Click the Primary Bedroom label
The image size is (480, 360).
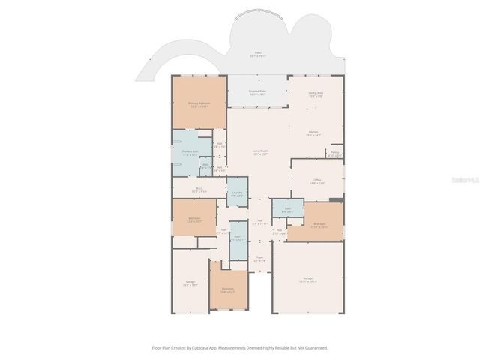click(x=199, y=104)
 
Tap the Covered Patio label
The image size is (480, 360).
click(x=258, y=92)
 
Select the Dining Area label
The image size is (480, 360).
click(x=316, y=94)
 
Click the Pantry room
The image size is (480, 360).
click(x=334, y=154)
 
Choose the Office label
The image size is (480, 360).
click(x=317, y=181)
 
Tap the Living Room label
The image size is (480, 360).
click(x=260, y=152)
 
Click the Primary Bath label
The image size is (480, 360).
click(x=190, y=153)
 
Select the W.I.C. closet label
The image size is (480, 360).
click(x=199, y=190)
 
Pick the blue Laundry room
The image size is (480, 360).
click(x=237, y=194)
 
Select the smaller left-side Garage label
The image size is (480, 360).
click(x=190, y=283)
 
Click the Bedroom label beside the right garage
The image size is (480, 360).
click(x=319, y=225)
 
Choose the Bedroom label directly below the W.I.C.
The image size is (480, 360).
click(x=194, y=220)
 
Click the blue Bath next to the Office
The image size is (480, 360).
click(x=287, y=210)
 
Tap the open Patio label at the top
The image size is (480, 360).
click(x=258, y=54)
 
